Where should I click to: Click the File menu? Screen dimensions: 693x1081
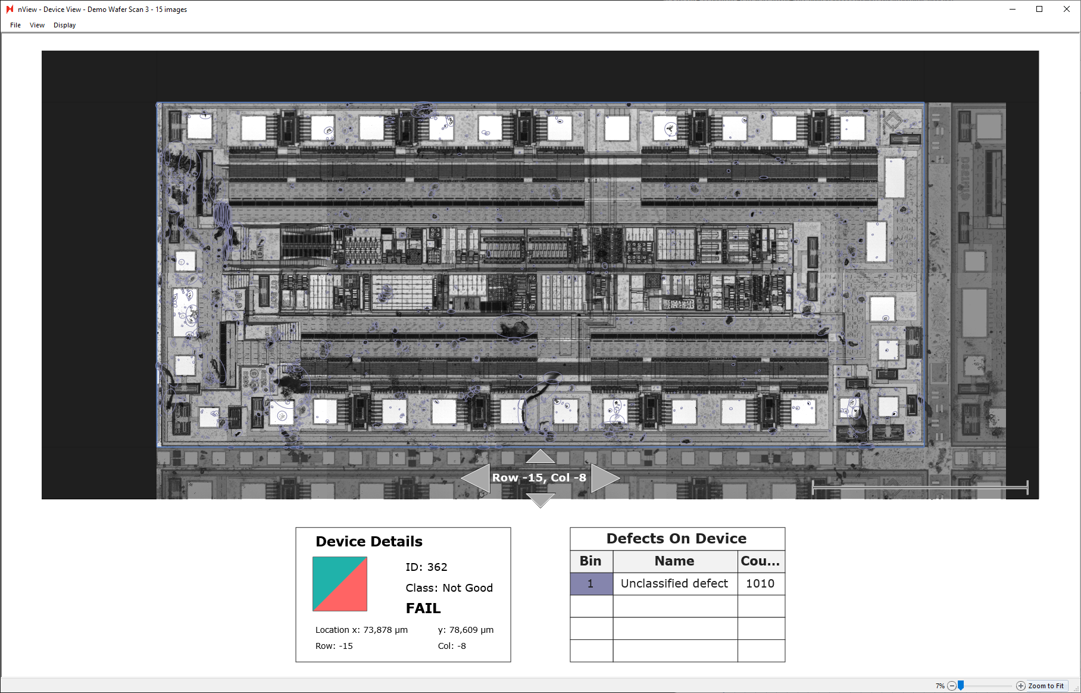click(15, 25)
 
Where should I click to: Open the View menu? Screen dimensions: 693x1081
click(37, 25)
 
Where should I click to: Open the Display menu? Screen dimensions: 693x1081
click(64, 25)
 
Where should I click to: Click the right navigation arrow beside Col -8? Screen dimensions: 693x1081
click(604, 478)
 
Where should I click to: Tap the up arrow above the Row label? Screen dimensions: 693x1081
click(540, 457)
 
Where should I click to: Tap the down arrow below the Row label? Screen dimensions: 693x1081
click(540, 499)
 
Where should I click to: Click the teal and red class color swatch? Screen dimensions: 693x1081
click(340, 584)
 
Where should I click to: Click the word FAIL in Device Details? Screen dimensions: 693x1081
click(423, 608)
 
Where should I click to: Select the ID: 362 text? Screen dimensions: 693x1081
click(426, 567)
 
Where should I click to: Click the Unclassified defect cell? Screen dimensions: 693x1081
click(674, 584)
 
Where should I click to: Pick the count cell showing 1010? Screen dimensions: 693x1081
click(760, 584)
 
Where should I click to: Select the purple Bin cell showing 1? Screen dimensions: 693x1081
click(591, 584)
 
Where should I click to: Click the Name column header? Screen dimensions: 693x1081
click(674, 561)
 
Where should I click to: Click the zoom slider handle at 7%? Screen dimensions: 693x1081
click(961, 685)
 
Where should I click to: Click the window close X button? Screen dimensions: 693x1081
click(1067, 9)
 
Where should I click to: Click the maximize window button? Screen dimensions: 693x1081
click(1039, 9)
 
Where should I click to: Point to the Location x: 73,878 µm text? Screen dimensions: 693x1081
click(361, 630)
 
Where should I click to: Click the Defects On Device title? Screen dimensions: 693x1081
click(676, 539)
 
